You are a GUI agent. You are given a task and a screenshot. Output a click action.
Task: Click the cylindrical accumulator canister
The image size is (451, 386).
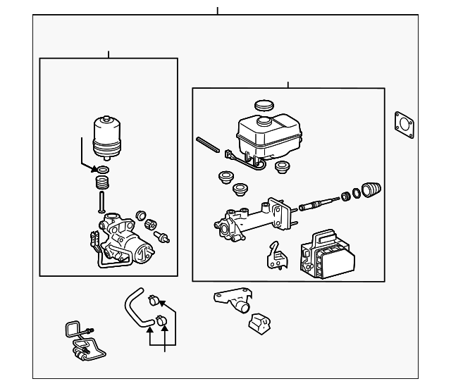coord(107,138)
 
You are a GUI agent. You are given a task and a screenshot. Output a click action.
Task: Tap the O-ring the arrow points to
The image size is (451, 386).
coord(104,170)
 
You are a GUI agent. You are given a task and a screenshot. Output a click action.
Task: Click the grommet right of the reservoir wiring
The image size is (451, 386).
coord(283,167)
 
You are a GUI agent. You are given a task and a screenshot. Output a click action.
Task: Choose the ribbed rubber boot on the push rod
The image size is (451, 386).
coord(371,189)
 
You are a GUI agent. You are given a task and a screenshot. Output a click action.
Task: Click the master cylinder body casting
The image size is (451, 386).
coord(250,220)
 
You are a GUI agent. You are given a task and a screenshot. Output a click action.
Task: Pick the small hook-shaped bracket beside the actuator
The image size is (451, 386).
coord(276,256)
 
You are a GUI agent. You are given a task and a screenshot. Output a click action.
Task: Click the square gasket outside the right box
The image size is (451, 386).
coord(404,124)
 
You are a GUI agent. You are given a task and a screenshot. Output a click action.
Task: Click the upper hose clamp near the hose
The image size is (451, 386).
coord(152,302)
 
